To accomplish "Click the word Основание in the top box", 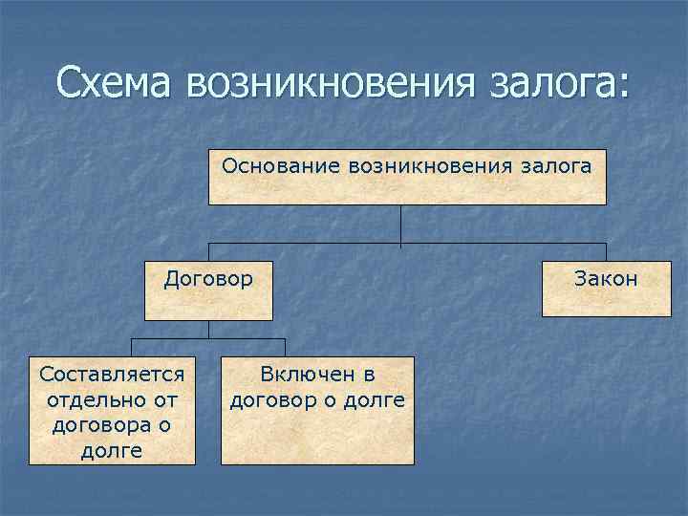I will tap(269, 165).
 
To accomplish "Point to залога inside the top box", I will tap(555, 165).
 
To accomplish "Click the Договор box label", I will tap(208, 279).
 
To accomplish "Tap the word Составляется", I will tap(112, 370).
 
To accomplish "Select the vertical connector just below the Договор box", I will tap(208, 330).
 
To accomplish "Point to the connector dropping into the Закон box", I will tap(606, 249).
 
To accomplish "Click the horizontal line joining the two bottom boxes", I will tap(208, 339).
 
